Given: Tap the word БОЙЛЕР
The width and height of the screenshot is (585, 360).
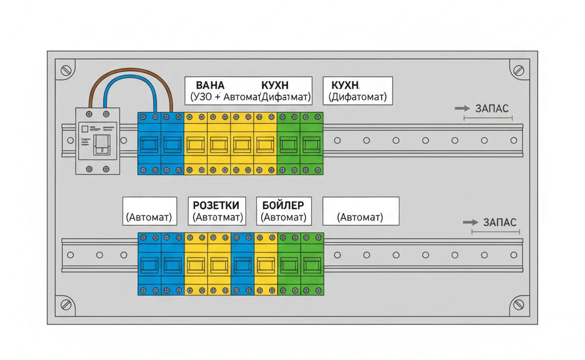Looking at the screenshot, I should point(283,205).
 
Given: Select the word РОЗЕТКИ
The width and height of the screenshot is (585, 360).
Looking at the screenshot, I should point(216,205).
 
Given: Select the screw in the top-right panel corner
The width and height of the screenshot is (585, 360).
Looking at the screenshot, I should point(518,71).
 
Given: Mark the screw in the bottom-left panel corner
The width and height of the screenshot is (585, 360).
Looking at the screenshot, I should point(66,305).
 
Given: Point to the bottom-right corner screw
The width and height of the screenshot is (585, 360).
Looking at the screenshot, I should point(518,305).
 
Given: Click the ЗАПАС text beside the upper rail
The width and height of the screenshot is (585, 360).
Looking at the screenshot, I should point(491,108).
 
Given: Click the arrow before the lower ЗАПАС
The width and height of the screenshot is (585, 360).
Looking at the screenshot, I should point(470,222).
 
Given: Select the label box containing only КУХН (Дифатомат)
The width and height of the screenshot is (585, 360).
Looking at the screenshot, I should point(358,91).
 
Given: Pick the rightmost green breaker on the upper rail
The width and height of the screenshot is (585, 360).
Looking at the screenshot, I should point(311,143).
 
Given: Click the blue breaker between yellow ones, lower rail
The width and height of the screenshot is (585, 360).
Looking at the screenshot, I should point(242,264).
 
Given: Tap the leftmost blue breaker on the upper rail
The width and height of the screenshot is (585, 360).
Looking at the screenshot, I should point(150,143).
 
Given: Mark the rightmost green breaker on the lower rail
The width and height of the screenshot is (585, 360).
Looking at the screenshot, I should point(312,264).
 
